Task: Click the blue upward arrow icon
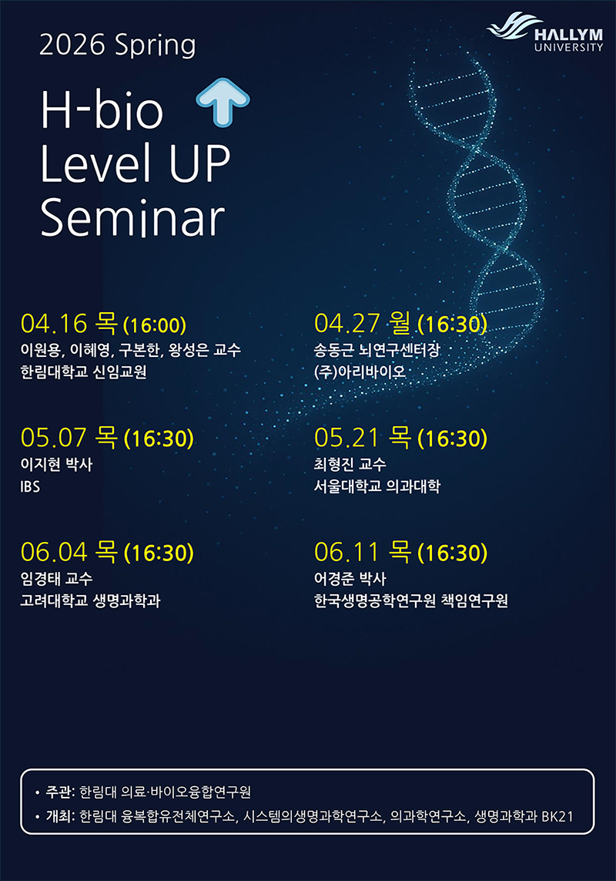point(223,101)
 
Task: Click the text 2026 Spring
point(117,45)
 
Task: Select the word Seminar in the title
point(132,217)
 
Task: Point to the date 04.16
point(54,324)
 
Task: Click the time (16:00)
point(155,324)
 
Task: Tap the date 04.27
point(347,324)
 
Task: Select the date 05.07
point(54,438)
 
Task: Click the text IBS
point(30,486)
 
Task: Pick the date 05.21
point(347,438)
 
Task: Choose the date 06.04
point(54,552)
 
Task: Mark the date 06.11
point(347,552)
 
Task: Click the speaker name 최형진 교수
point(350,464)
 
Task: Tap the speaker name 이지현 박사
point(56,464)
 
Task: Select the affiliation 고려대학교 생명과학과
point(90,600)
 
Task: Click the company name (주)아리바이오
point(360,372)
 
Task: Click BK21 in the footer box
point(557,816)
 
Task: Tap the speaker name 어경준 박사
point(350,578)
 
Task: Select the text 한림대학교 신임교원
point(84,372)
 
